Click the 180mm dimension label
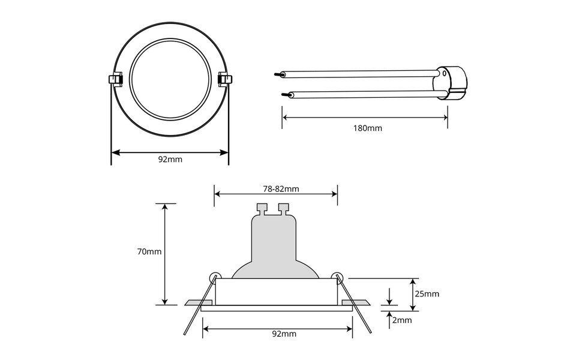pyautogui.click(x=367, y=128)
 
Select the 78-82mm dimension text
pyautogui.click(x=281, y=188)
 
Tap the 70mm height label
pyautogui.click(x=149, y=252)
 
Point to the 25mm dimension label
pyautogui.click(x=427, y=294)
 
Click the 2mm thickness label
pyautogui.click(x=401, y=320)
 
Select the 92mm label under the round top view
pyautogui.click(x=170, y=160)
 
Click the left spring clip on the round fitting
pyautogui.click(x=113, y=79)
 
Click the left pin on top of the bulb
pyautogui.click(x=261, y=209)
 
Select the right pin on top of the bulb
pyautogui.click(x=283, y=209)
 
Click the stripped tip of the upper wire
pyautogui.click(x=278, y=75)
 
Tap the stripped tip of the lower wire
pyautogui.click(x=285, y=95)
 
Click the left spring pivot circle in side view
pyautogui.click(x=212, y=277)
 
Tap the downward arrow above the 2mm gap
pyautogui.click(x=390, y=301)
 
